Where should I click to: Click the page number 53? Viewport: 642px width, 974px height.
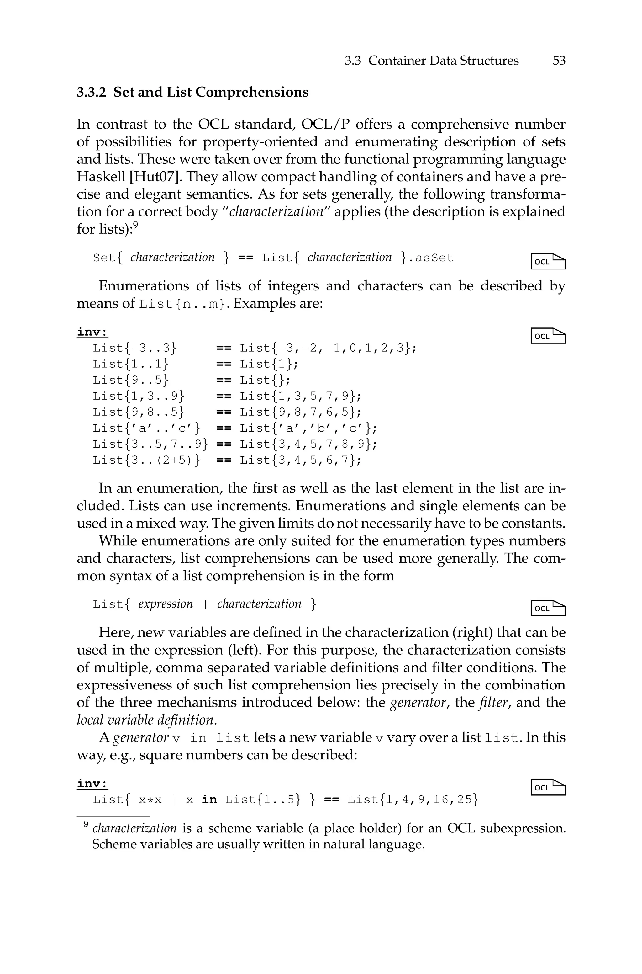(x=559, y=61)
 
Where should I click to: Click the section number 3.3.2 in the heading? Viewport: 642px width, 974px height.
(x=91, y=92)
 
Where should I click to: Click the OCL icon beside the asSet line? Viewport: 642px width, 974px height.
(x=548, y=261)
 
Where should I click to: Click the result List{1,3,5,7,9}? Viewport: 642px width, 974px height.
(x=301, y=396)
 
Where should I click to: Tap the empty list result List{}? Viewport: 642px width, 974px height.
(x=265, y=380)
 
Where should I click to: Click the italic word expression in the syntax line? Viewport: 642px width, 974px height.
(x=166, y=604)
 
